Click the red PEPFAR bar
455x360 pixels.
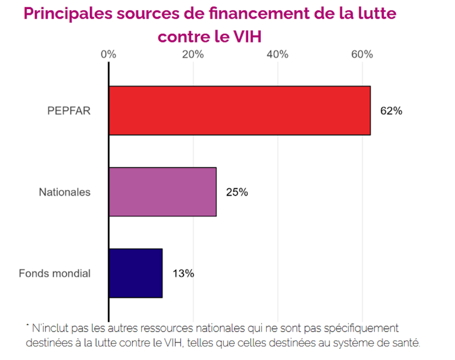239,111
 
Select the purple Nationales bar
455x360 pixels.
162,192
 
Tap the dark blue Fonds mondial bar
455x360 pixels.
135,273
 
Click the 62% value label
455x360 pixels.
391,111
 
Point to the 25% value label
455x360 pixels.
237,193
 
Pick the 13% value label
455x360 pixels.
183,274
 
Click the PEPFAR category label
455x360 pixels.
69,111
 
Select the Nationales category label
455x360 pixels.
65,193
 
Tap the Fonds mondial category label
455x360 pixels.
55,274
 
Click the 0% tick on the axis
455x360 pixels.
109,54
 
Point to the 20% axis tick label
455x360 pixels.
193,54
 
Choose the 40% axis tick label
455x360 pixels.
278,54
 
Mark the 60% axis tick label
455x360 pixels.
362,54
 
